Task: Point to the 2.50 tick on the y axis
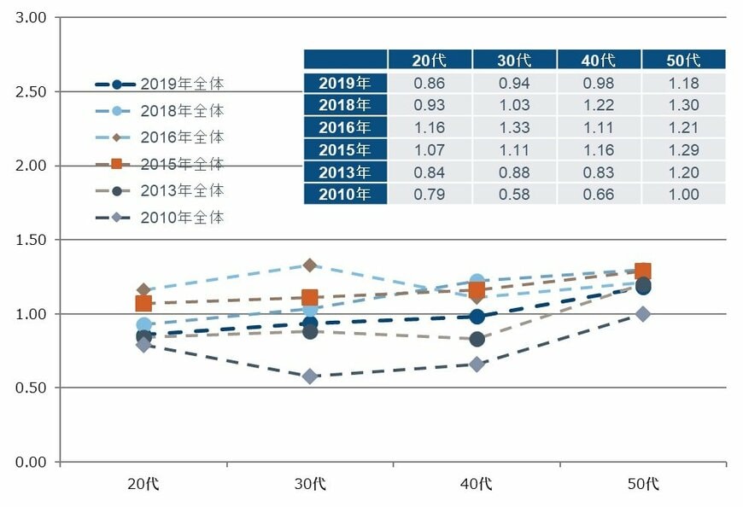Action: tap(31, 91)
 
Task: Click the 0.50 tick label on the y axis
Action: tap(31, 388)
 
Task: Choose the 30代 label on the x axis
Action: tap(309, 484)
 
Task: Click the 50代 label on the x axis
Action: tap(642, 484)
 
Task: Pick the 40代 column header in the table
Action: tap(598, 60)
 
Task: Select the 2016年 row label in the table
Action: tap(345, 127)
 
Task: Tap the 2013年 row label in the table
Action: tap(345, 172)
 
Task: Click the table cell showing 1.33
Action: tap(514, 127)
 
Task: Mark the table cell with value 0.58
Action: tap(514, 194)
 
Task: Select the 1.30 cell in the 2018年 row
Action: tap(683, 105)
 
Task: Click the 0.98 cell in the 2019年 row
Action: tap(598, 83)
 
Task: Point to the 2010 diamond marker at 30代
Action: tap(310, 376)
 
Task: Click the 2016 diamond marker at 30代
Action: tap(310, 265)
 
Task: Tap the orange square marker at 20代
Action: tap(143, 303)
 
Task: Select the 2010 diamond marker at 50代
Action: tap(642, 314)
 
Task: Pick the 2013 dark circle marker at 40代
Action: tap(477, 339)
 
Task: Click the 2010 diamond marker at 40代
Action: tap(477, 364)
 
